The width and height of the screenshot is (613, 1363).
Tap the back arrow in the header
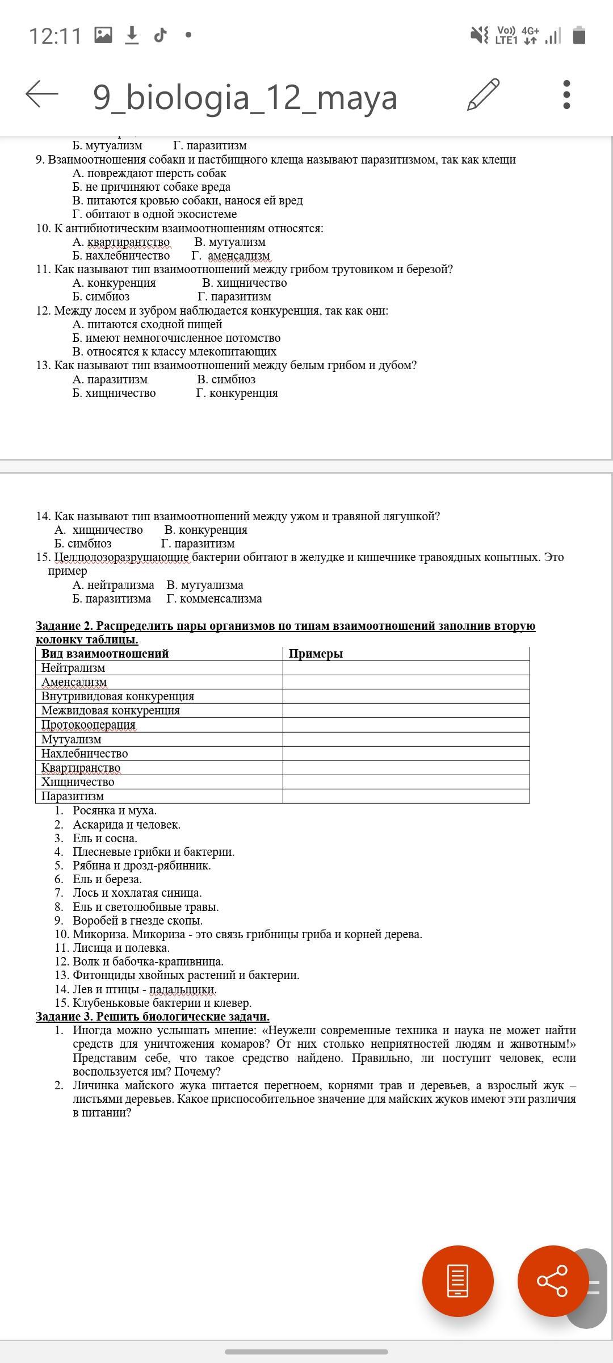pos(42,94)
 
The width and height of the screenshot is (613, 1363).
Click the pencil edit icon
pos(484,94)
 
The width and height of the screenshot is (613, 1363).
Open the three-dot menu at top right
pos(566,94)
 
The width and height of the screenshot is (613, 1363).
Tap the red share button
pos(552,1281)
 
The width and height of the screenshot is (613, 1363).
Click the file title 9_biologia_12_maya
pos(245,97)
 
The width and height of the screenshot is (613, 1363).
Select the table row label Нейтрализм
pos(73,668)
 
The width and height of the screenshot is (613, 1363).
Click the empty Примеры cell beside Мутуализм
pos(406,739)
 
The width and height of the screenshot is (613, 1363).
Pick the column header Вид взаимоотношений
pos(105,654)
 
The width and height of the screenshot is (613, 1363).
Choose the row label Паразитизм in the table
pos(73,796)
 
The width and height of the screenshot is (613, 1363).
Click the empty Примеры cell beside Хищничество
pos(406,782)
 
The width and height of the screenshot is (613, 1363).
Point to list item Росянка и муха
pos(115,810)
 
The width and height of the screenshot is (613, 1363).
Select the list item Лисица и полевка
pos(121,948)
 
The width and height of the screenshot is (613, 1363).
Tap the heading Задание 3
pos(152,1017)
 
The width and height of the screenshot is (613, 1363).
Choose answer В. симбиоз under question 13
pos(226,379)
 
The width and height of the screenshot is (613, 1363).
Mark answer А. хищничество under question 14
pos(99,530)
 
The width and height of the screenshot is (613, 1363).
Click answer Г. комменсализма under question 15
pos(214,599)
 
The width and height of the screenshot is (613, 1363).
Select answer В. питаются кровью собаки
pos(187,200)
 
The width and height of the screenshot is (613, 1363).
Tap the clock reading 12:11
pos(55,36)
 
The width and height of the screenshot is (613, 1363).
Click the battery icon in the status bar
pos(579,35)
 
